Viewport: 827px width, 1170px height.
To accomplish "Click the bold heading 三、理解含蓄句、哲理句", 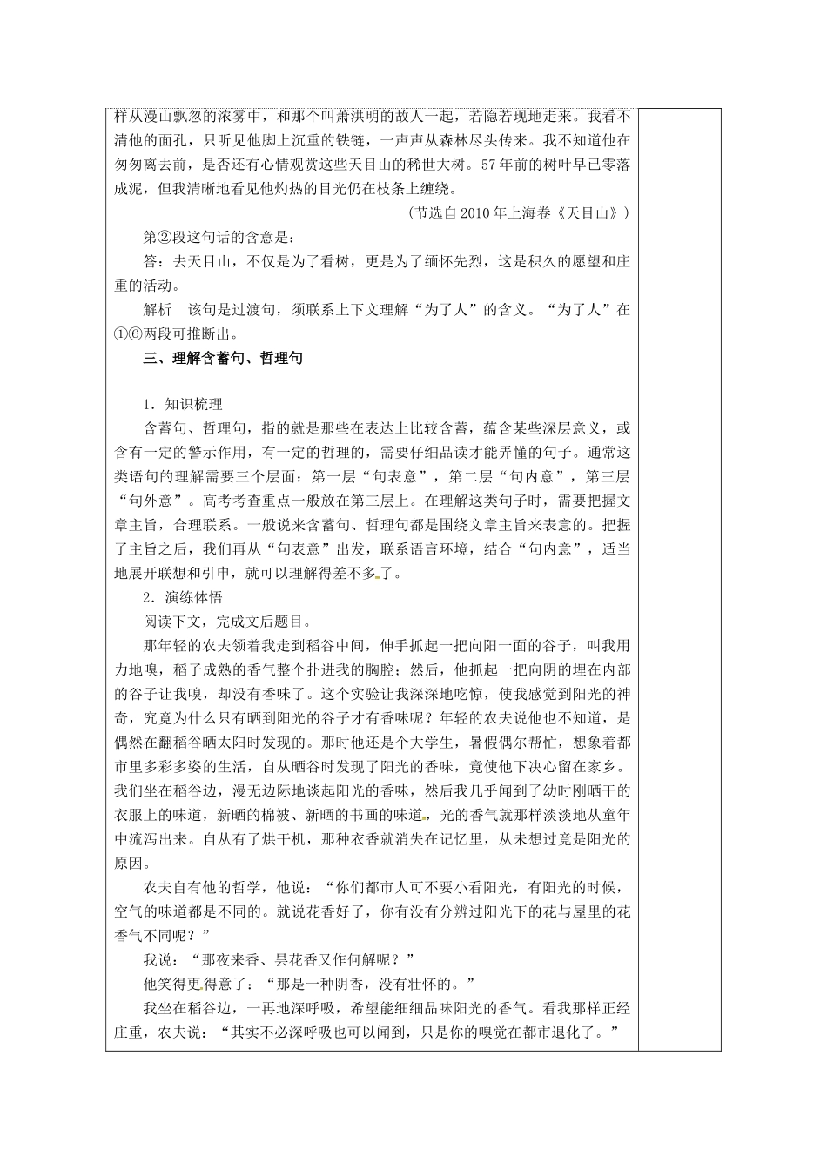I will click(223, 358).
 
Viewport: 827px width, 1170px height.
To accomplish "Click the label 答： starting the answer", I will click(153, 260).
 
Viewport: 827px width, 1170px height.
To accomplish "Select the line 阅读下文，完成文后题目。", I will click(226, 622).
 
